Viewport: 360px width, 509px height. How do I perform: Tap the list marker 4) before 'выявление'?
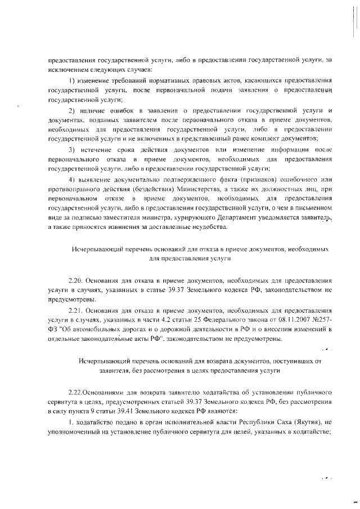71,179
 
